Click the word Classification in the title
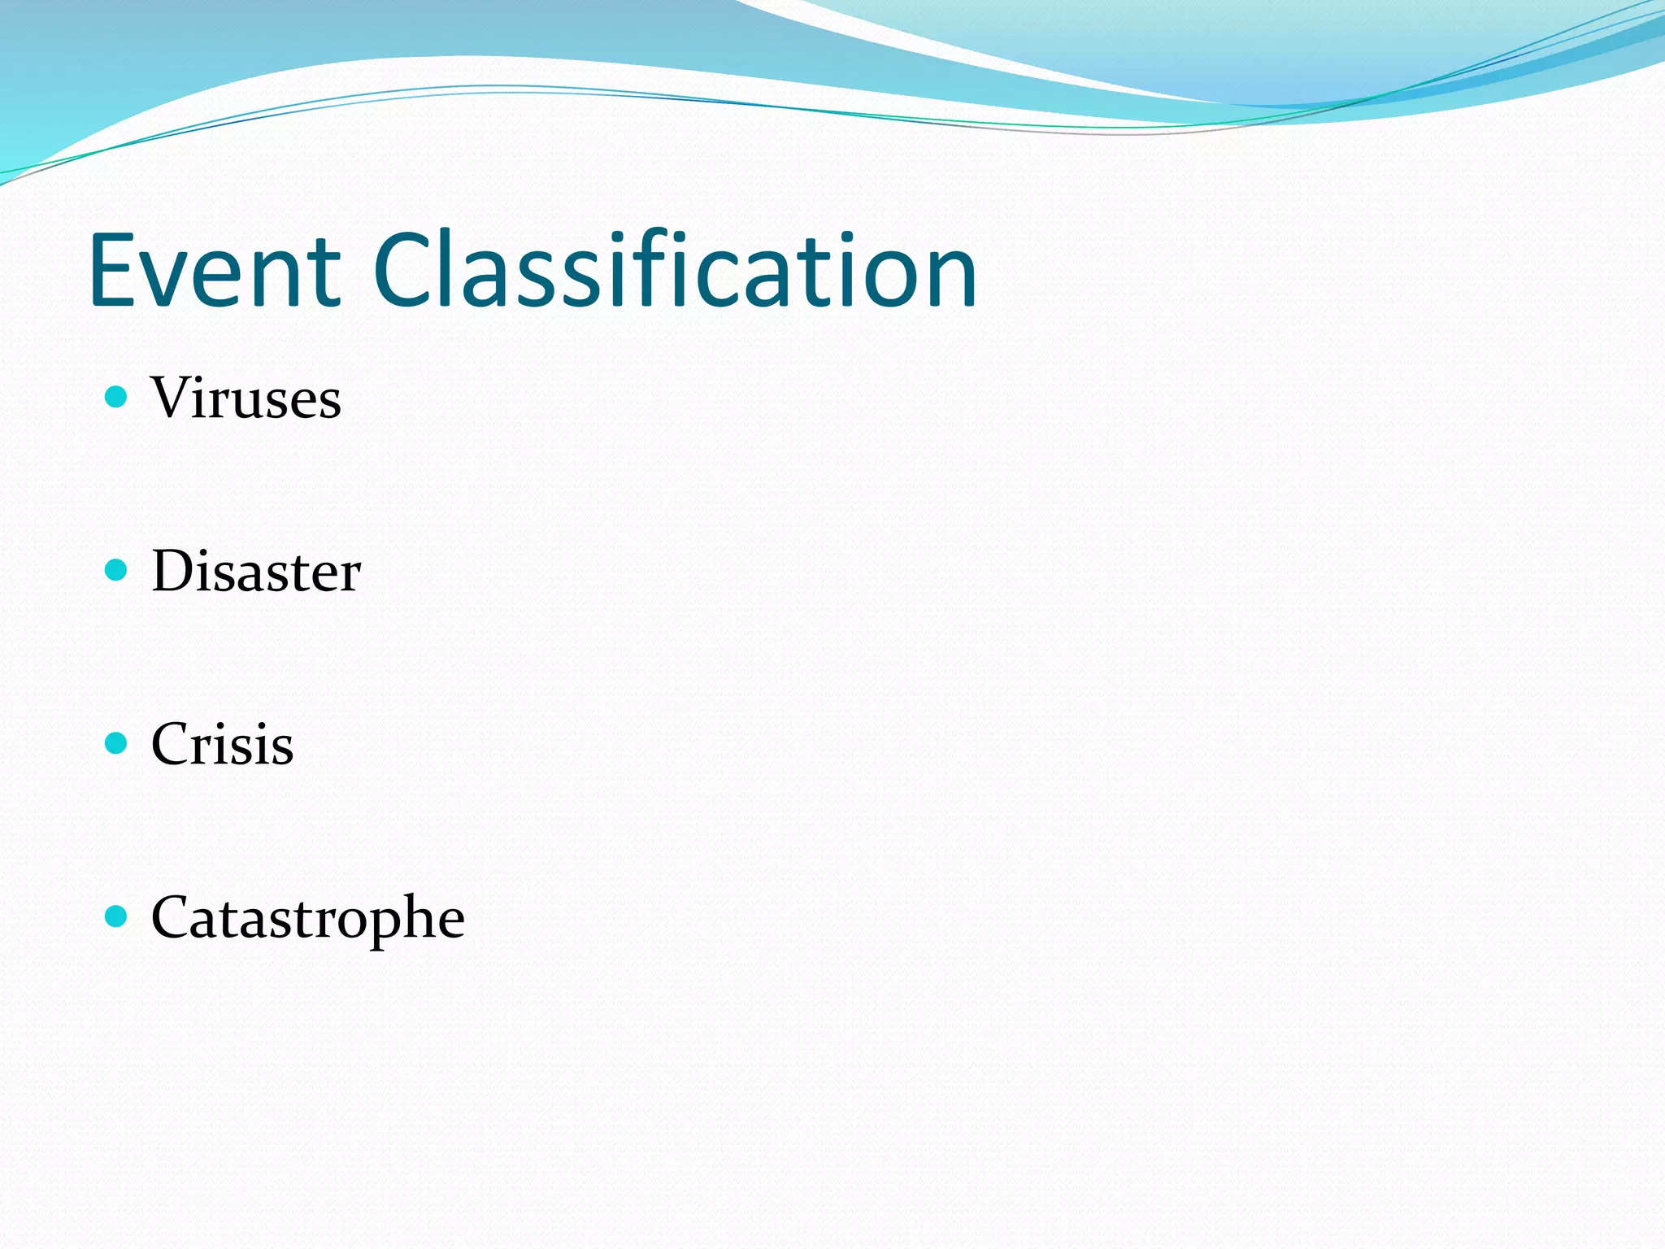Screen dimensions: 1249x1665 pyautogui.click(x=675, y=270)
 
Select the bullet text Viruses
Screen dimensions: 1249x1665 pyautogui.click(x=246, y=398)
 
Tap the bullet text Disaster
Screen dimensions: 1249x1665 pyautogui.click(x=256, y=571)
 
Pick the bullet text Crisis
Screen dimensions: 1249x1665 pyautogui.click(x=222, y=744)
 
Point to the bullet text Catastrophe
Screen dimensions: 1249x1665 pyautogui.click(x=307, y=918)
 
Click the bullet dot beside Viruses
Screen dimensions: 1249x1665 pyautogui.click(x=117, y=397)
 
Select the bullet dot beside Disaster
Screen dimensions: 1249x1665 pyautogui.click(x=117, y=570)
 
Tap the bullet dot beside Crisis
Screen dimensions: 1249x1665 pyautogui.click(x=117, y=743)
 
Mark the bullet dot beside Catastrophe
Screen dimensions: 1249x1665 pyautogui.click(x=117, y=916)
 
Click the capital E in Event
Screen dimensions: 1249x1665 pyautogui.click(x=114, y=270)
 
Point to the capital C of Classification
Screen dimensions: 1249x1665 pyautogui.click(x=406, y=270)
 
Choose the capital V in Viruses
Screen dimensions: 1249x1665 pyautogui.click(x=175, y=398)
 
